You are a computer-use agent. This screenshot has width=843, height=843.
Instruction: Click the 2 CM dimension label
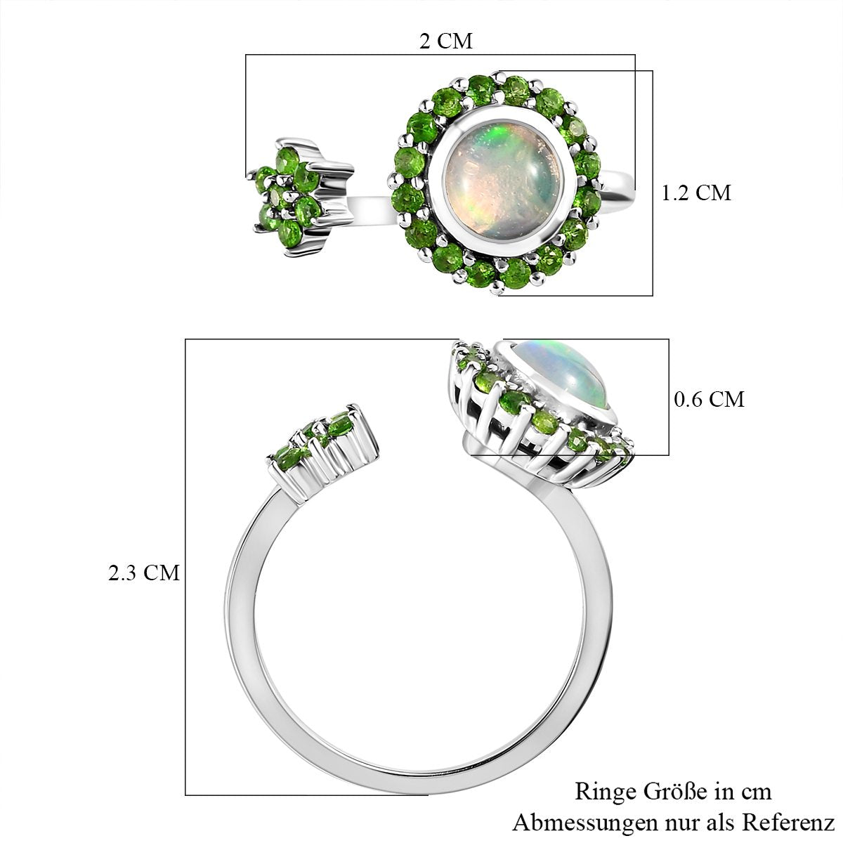click(x=446, y=41)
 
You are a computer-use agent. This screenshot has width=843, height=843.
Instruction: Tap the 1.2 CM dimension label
click(x=695, y=193)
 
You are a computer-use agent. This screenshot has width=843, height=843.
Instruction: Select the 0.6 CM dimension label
click(x=709, y=399)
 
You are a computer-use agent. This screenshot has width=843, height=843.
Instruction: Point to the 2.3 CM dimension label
click(x=144, y=573)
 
